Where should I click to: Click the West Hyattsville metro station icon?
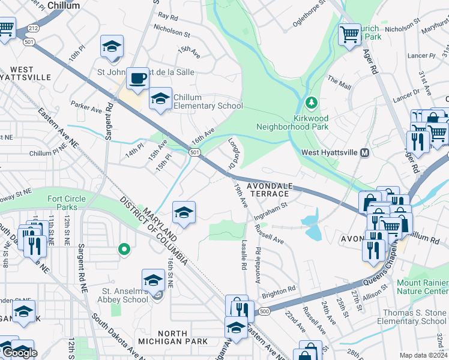pos(364,153)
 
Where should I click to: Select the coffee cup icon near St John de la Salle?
pos(137,77)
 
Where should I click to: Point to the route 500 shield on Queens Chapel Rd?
pos(264,311)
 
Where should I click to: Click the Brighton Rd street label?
pos(279,289)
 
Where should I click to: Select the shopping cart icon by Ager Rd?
pos(349,34)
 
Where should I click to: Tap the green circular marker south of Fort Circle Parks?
pos(124,248)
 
